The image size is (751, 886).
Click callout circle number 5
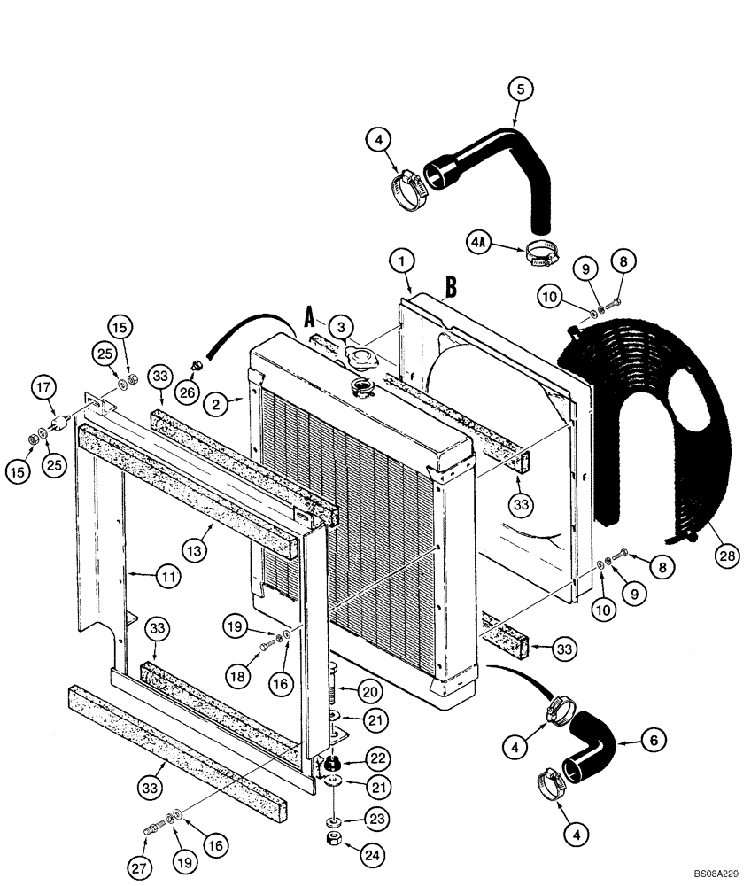(x=520, y=88)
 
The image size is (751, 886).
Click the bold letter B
(x=451, y=287)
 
